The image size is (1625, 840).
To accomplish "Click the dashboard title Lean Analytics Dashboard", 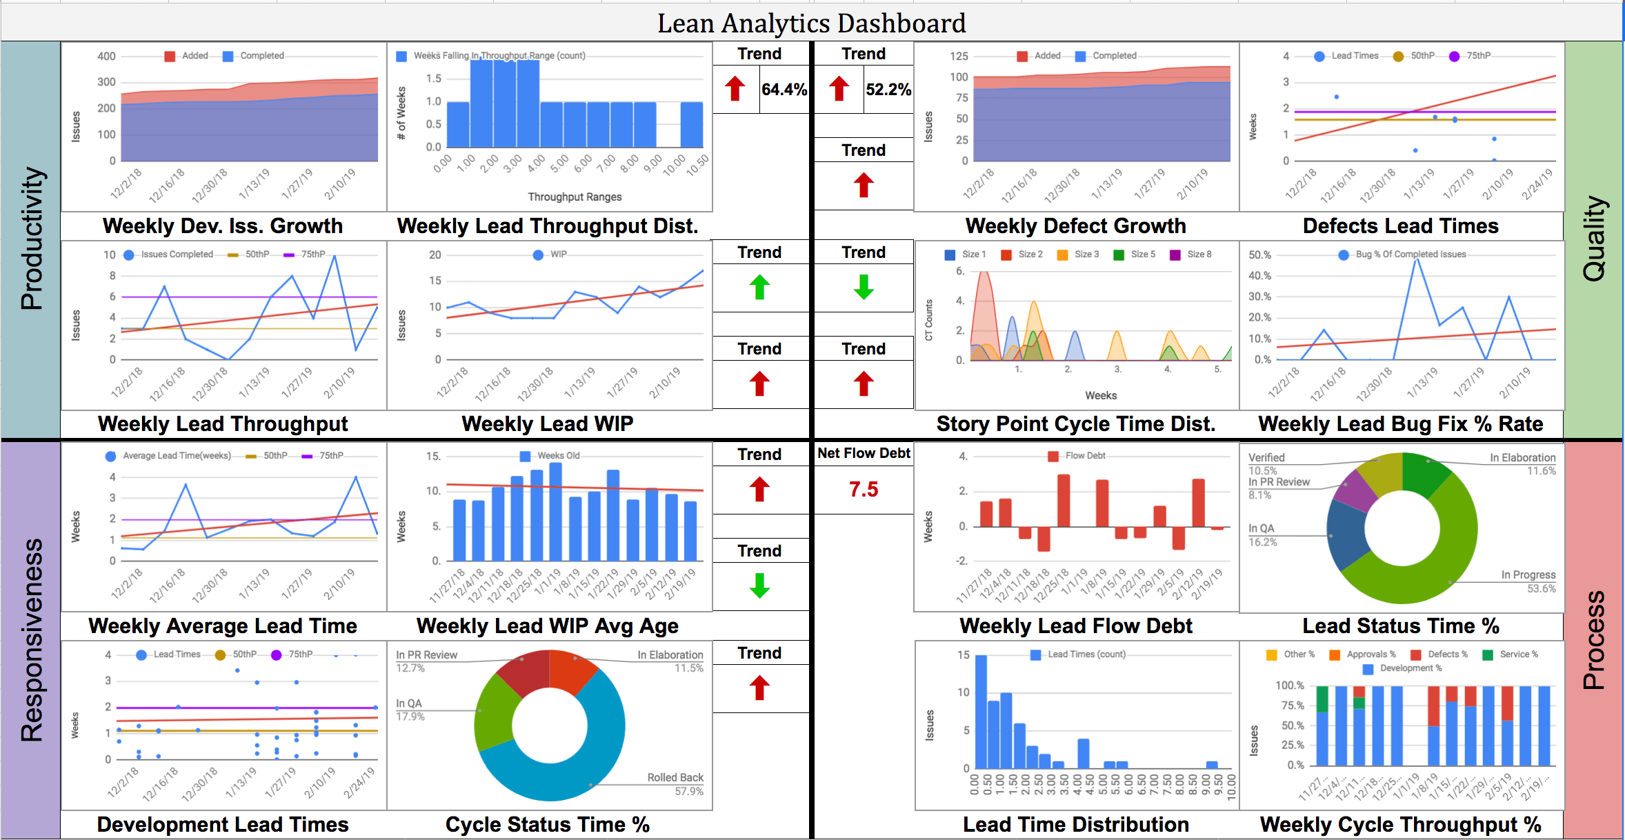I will [x=811, y=23].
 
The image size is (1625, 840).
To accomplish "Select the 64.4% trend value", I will [x=784, y=90].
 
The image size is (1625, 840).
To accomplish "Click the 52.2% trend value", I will [x=888, y=90].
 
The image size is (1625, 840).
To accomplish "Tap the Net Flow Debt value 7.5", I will [x=864, y=490].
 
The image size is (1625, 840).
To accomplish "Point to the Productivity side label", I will [x=32, y=238].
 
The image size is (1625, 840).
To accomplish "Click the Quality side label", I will [x=1594, y=238].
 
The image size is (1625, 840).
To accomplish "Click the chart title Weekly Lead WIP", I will [x=547, y=423].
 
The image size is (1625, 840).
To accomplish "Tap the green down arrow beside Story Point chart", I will [x=864, y=287].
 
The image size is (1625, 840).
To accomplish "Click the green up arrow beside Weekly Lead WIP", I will [x=759, y=287].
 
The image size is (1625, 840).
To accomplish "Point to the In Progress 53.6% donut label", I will [x=1528, y=581].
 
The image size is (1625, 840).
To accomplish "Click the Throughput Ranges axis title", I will [x=575, y=197].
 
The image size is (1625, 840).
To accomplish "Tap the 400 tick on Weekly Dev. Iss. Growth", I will [x=106, y=57].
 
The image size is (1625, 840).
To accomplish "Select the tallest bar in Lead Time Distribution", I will [x=981, y=712].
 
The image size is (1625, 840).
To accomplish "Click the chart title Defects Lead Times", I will [x=1400, y=226].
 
